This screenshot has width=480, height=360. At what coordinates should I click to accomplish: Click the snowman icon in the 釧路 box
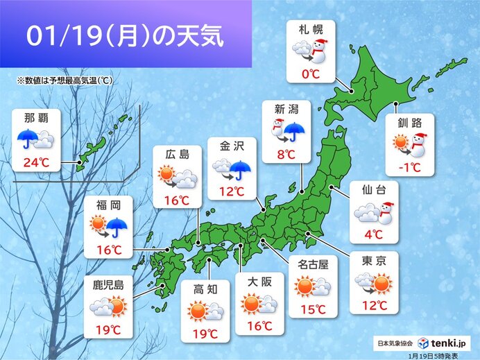point(418,146)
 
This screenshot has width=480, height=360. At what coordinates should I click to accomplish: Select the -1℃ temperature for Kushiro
point(409,166)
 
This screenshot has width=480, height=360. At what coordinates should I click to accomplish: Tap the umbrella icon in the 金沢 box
point(241,169)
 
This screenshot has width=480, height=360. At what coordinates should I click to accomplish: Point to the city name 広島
point(177,155)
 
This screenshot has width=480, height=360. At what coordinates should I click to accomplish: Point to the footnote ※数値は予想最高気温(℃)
point(65,80)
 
